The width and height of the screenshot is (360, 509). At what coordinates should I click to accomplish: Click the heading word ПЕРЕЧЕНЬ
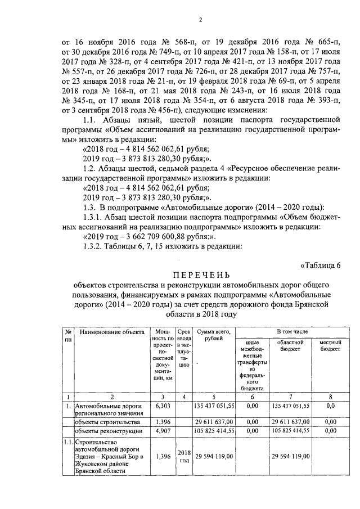[x=201, y=275]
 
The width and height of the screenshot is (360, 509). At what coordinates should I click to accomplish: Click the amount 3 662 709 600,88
[x=148, y=236]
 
